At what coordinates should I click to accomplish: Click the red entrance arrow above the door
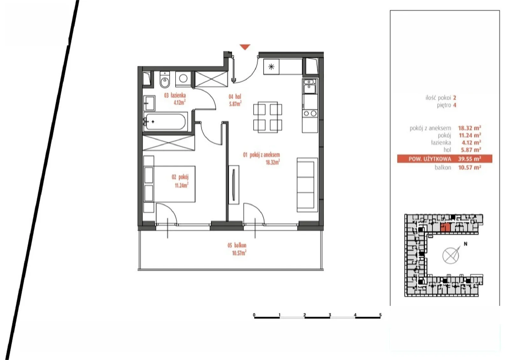pos(245,47)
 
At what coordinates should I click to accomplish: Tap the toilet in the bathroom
pos(164,80)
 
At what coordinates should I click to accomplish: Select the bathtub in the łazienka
pos(165,121)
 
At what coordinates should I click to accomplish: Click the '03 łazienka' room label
pos(175,95)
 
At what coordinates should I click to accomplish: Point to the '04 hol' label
pos(235,97)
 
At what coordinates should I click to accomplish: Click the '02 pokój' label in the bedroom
pos(180,177)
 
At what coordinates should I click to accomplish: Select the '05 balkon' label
pos(237,245)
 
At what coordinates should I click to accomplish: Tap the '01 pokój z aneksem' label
pos(261,155)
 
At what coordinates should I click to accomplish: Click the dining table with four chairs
pos(267,117)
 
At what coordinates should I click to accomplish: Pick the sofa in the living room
pos(307,185)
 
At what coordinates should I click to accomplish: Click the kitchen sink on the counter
pos(309,86)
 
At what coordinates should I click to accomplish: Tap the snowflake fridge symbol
pos(271,67)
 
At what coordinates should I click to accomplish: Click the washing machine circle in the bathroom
pos(183,78)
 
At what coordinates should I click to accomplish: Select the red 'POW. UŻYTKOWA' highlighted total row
pos(445,159)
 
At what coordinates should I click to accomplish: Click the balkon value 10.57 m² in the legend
pos(470,168)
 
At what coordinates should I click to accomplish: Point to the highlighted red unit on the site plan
pos(445,227)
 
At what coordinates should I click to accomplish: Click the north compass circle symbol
pos(451,256)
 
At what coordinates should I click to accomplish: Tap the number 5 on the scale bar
pos(380,315)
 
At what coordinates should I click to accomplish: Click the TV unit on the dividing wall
pos(234,185)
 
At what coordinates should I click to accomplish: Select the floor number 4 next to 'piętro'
pos(455,105)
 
